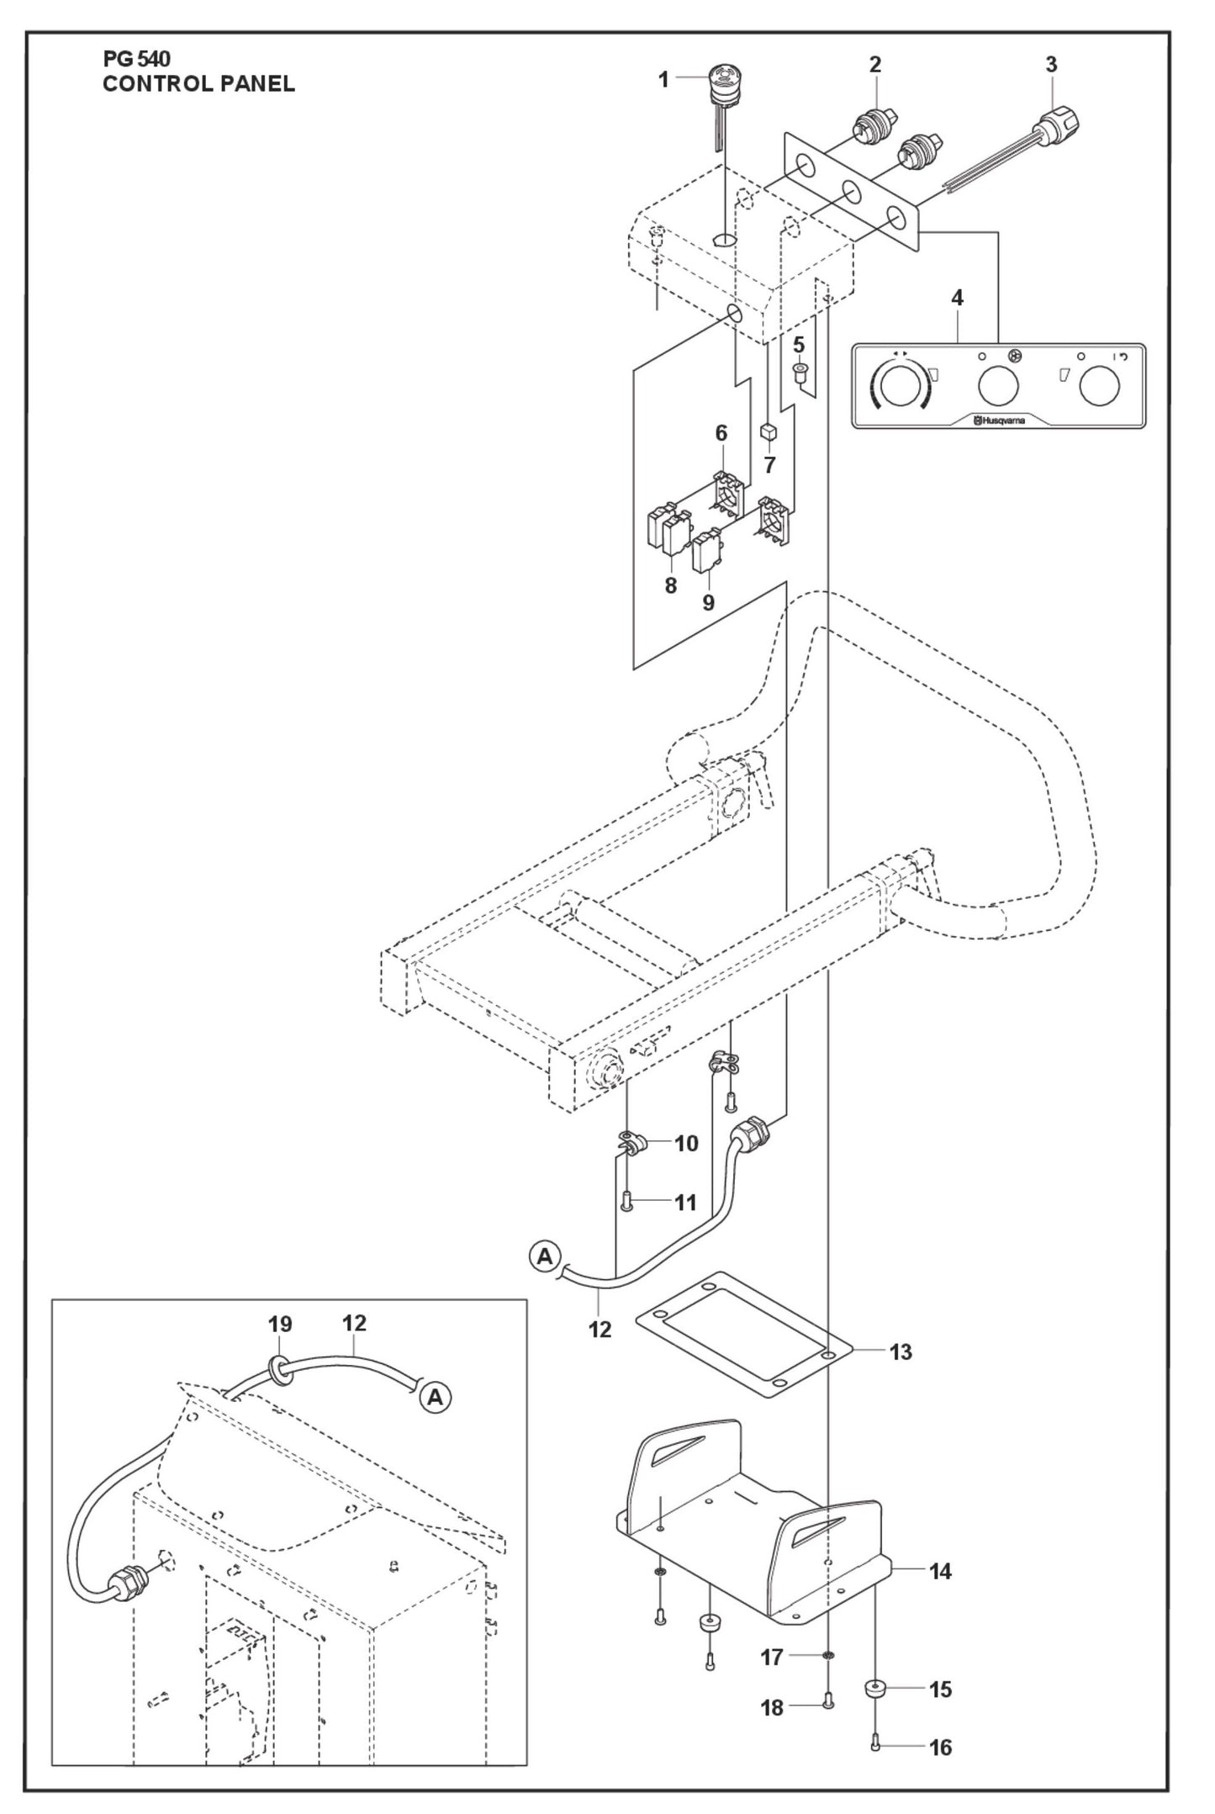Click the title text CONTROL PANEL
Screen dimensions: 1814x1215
point(198,84)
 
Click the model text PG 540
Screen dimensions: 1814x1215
point(136,59)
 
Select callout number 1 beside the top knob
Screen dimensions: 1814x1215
point(663,80)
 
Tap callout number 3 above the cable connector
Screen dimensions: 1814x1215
point(1051,64)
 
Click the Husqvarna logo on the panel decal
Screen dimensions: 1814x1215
point(1000,420)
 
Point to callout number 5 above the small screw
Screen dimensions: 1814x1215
point(799,346)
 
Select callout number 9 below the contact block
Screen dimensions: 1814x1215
point(708,602)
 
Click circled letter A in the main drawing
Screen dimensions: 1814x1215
point(545,1281)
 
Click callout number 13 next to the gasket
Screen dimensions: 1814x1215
point(900,1352)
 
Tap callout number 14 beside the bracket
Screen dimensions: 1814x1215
point(940,1571)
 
